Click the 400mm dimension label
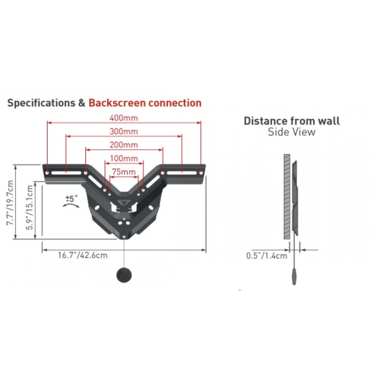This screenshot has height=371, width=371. [x=124, y=118]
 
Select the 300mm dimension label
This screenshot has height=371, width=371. [x=124, y=131]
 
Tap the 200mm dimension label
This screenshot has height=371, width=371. [x=124, y=145]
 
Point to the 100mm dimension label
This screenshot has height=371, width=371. [x=124, y=158]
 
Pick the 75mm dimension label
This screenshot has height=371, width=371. [x=124, y=172]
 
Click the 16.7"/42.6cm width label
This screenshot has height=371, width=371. [x=83, y=256]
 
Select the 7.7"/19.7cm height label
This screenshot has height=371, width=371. [x=10, y=203]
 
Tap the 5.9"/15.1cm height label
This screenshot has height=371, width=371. [x=29, y=207]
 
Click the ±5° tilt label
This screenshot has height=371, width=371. [x=71, y=198]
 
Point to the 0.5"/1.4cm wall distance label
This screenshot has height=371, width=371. [x=267, y=256]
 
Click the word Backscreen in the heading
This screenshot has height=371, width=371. [x=117, y=103]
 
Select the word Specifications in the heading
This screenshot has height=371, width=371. [x=41, y=103]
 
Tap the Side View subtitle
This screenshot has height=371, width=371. [x=292, y=132]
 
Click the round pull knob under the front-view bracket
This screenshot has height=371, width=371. [x=124, y=275]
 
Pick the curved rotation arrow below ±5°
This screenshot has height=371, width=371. [x=71, y=205]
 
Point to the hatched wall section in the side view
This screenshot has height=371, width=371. [x=287, y=196]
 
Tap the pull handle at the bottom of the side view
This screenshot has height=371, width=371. [x=294, y=276]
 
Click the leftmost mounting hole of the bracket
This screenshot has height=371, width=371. [x=47, y=173]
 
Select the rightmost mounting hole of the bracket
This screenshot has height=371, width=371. [x=201, y=173]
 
